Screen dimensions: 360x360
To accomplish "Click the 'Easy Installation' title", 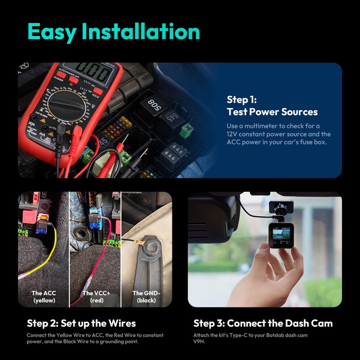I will pos(113,32).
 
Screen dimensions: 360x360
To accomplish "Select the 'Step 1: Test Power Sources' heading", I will pos(272,106).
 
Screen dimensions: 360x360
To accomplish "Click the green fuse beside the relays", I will pos(184,131).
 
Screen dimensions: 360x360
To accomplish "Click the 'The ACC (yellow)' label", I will pos(44,297).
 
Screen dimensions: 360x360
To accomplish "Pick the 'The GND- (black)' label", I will pos(146,297).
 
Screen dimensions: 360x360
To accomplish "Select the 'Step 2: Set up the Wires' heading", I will pos(81,323).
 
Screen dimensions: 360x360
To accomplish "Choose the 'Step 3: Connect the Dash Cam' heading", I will pos(263,323).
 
